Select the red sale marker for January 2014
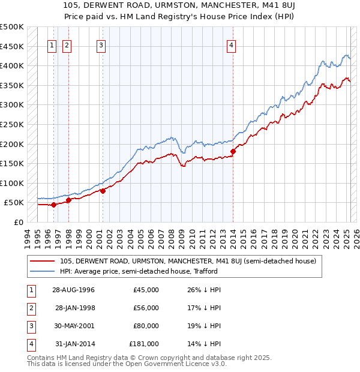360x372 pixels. click(233, 151)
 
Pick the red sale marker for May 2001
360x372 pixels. click(103, 191)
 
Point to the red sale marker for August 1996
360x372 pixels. click(54, 205)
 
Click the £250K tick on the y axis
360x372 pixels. click(13, 124)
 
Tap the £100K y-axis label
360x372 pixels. click(13, 183)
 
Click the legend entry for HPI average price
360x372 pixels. click(138, 271)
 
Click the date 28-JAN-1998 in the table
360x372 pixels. click(75, 308)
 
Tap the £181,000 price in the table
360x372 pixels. click(144, 344)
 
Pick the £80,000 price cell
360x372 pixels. click(146, 326)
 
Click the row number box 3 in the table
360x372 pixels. click(31, 326)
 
